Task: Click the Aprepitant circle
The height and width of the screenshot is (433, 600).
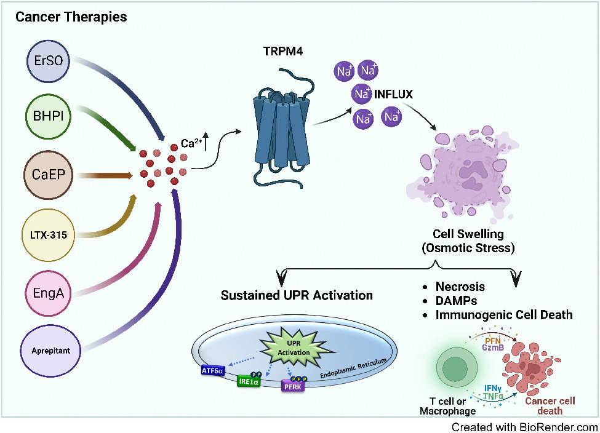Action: click(x=52, y=350)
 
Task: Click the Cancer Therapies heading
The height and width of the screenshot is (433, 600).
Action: click(x=71, y=17)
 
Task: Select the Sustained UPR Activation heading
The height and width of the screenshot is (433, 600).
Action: click(x=297, y=295)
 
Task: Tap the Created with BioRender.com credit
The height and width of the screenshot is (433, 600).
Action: click(x=524, y=426)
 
